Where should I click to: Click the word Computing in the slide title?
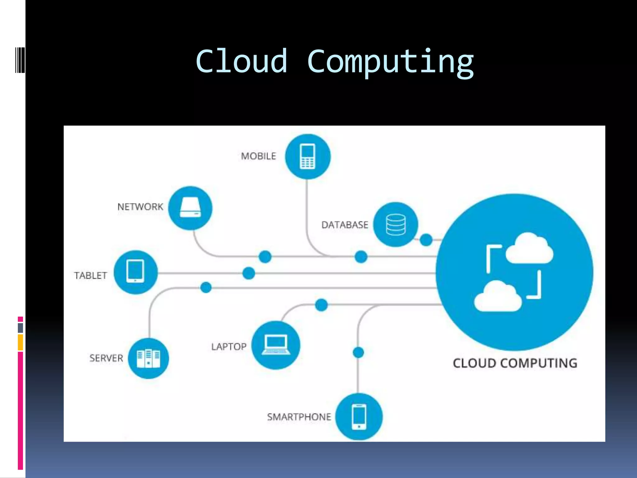tap(390, 62)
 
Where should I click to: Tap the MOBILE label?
tap(258, 156)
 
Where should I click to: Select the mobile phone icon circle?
tap(308, 157)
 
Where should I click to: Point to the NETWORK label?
tap(140, 207)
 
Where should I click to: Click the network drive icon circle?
tap(190, 208)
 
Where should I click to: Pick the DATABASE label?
tap(345, 225)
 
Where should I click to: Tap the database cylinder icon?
tap(396, 224)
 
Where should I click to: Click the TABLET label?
tap(91, 275)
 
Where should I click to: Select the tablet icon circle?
tap(136, 272)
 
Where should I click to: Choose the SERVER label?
tap(106, 358)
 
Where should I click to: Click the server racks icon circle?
tap(148, 358)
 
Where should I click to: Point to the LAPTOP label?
tap(229, 347)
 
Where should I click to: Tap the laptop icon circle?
tap(276, 345)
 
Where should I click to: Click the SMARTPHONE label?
tap(299, 417)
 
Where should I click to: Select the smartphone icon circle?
tap(359, 416)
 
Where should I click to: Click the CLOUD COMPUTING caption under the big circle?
tap(515, 363)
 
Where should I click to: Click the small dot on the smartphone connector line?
tap(358, 353)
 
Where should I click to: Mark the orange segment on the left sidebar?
tap(20, 342)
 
